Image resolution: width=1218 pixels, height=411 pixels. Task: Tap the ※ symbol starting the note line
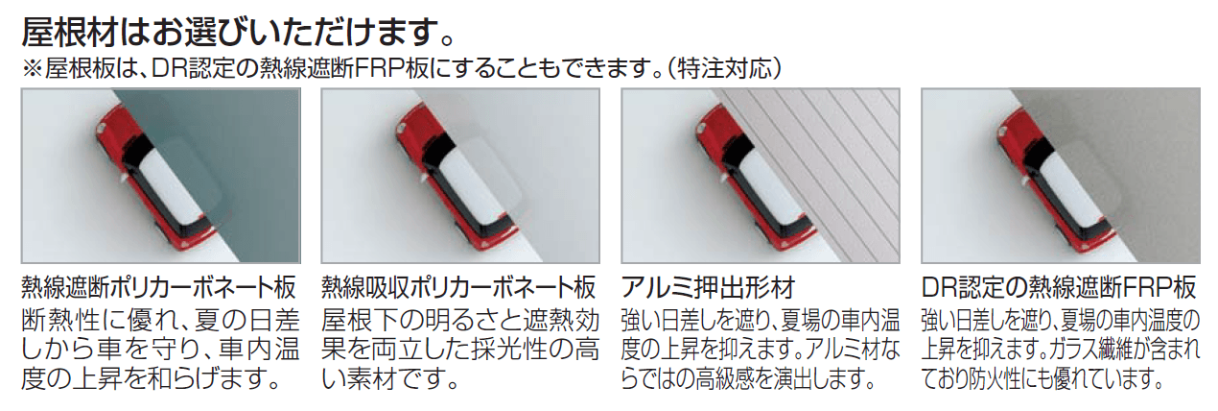coord(32,70)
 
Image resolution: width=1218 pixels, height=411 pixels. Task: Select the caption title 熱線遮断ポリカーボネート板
coord(159,287)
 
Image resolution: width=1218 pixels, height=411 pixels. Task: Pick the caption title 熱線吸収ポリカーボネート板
coord(459,287)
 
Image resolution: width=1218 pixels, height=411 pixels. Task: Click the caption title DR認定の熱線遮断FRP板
coord(1059,287)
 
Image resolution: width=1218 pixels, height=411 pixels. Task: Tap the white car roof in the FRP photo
coord(1066,185)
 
